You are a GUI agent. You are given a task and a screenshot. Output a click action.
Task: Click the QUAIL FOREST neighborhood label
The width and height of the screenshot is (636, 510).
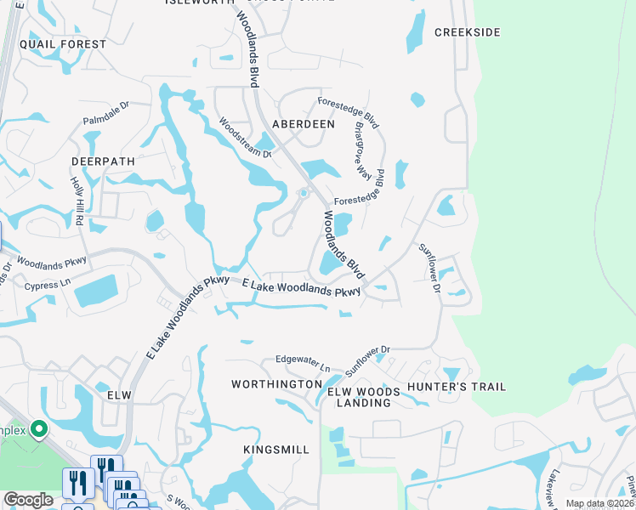click(x=63, y=44)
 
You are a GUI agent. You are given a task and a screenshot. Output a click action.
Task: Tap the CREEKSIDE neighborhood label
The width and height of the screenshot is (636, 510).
click(x=467, y=32)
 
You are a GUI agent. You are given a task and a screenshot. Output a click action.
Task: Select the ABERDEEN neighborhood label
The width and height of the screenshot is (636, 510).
click(x=304, y=124)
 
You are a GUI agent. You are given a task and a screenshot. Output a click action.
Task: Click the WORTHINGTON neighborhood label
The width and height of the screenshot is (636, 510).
click(x=275, y=385)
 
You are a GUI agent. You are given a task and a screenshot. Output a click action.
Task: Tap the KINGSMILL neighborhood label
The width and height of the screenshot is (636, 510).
click(x=275, y=448)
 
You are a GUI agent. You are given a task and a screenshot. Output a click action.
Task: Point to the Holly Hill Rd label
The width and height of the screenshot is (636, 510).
click(x=77, y=201)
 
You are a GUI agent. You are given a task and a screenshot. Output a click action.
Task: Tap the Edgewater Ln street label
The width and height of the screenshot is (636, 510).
click(x=303, y=364)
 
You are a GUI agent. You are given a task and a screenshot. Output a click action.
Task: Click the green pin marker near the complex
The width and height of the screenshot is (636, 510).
click(x=38, y=430)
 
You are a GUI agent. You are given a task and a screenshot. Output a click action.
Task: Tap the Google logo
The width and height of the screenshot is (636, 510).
click(x=28, y=500)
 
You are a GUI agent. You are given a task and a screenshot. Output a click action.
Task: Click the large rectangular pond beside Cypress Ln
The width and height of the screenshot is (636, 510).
click(x=99, y=291)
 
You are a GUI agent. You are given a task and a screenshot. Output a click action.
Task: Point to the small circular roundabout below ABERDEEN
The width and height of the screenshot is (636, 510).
click(x=303, y=193)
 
